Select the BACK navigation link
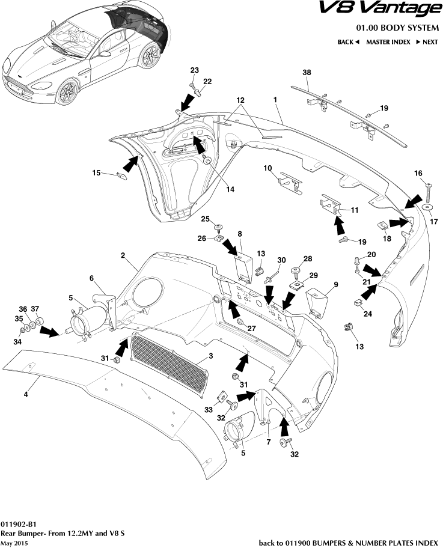click(x=348, y=42)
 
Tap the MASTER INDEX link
click(x=388, y=42)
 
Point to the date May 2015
click(x=14, y=543)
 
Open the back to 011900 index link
click(x=348, y=543)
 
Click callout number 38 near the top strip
click(x=307, y=72)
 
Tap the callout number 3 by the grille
click(x=210, y=356)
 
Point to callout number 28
click(x=308, y=258)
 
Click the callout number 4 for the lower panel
click(x=26, y=394)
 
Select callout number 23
click(x=194, y=70)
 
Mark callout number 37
click(x=35, y=309)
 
